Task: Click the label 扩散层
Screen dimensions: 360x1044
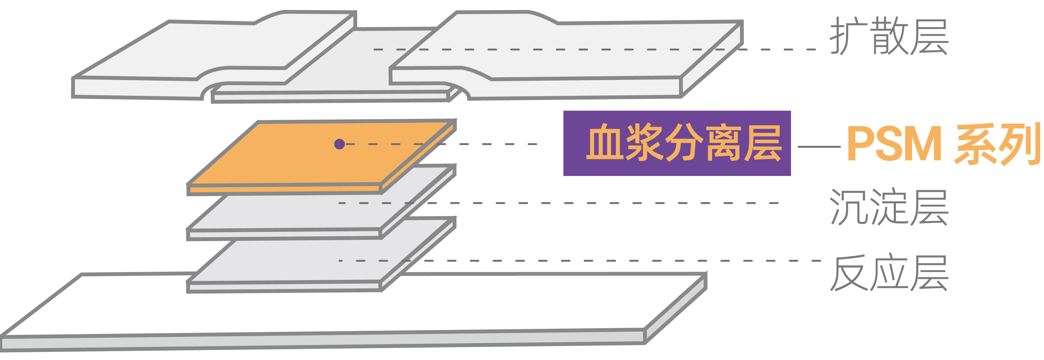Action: point(889,36)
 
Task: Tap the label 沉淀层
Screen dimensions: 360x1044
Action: point(889,207)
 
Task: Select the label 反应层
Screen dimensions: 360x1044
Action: point(889,273)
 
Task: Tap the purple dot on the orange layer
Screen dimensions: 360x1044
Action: point(339,144)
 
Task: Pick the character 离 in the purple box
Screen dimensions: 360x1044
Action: point(723,143)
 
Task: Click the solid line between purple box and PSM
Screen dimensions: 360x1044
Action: point(819,147)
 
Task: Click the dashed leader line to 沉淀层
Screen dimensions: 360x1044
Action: point(608,203)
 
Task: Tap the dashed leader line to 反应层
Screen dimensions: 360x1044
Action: point(608,261)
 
